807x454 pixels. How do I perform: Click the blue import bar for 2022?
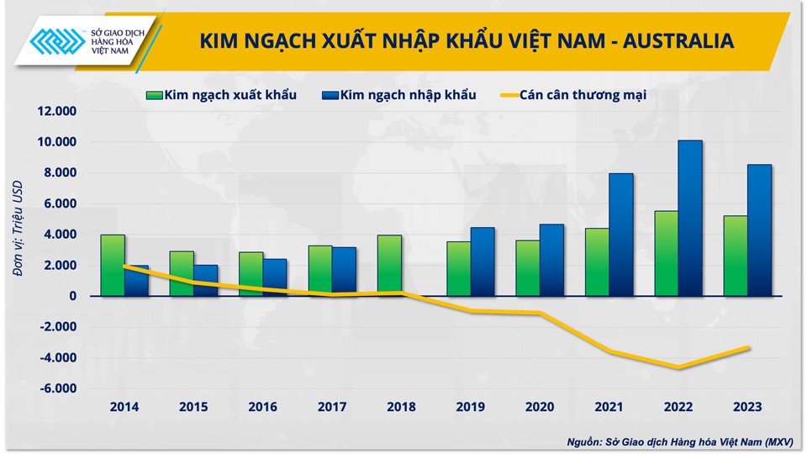(x=690, y=218)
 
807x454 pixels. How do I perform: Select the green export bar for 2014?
(x=113, y=265)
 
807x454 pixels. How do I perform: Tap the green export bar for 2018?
(x=389, y=265)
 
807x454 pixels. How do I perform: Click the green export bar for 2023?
(x=736, y=256)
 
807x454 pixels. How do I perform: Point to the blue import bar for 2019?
(x=483, y=261)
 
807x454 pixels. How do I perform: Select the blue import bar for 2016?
(x=275, y=277)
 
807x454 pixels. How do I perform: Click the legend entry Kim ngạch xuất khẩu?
(x=222, y=95)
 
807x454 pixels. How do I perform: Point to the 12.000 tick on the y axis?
(x=56, y=111)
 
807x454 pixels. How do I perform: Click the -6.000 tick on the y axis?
(x=56, y=388)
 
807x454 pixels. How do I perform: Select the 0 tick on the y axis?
(x=73, y=296)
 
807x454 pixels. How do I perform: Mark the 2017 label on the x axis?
(x=332, y=407)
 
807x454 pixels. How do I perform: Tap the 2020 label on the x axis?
(x=540, y=407)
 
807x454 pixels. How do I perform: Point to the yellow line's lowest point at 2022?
(x=678, y=367)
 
